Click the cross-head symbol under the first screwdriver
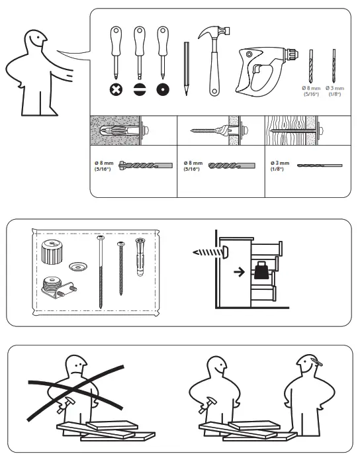[116, 89]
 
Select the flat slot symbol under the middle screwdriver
[138, 89]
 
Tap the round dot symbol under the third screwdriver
[161, 89]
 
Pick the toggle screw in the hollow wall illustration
[215, 132]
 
